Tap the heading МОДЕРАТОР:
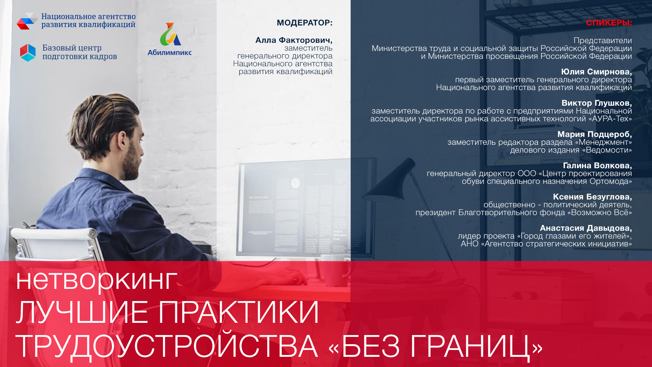point(304,23)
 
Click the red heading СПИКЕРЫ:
point(609,23)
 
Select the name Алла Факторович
point(293,40)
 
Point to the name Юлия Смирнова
point(596,72)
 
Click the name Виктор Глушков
point(596,103)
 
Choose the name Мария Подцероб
point(594,134)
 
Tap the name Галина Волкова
point(597,165)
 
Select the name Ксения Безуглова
point(592,197)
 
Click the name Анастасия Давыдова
point(585,228)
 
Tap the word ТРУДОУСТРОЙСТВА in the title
point(166,346)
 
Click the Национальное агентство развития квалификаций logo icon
point(27,21)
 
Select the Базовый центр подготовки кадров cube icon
point(28,52)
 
